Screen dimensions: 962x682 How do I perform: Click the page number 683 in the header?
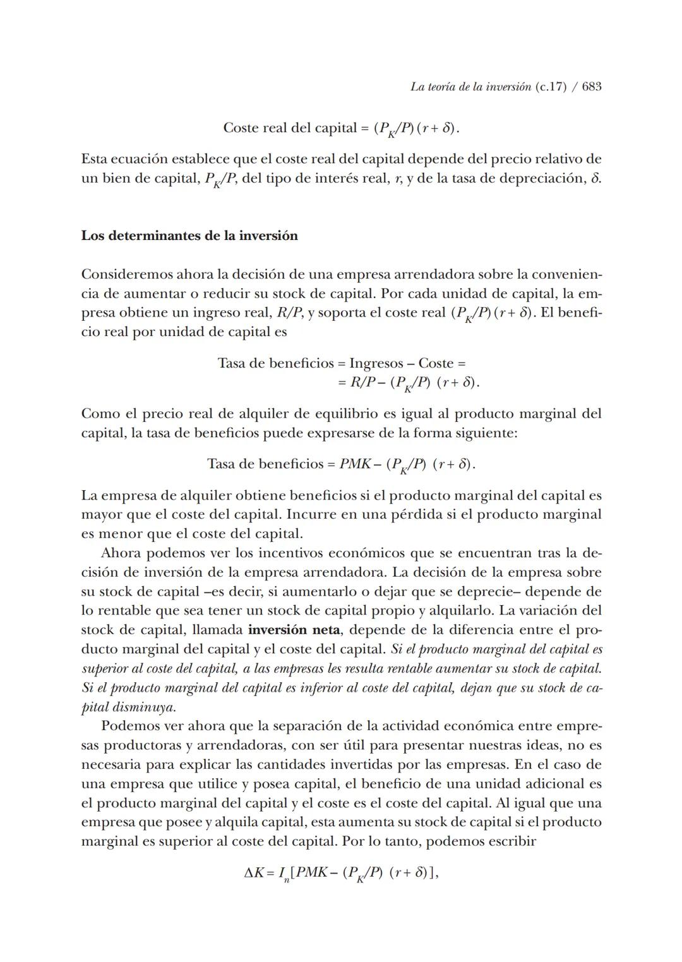tap(591, 87)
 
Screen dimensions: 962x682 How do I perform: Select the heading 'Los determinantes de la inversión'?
tap(189, 236)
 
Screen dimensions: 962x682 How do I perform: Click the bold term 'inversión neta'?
tap(294, 630)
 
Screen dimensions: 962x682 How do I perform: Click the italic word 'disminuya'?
tap(143, 707)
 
